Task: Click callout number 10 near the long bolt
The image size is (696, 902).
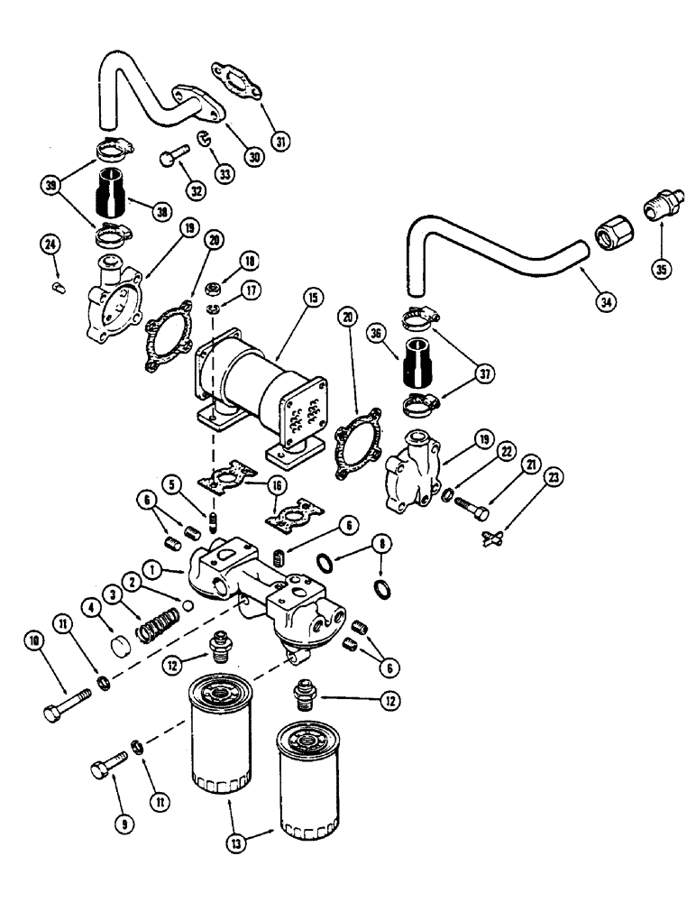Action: coord(34,641)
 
